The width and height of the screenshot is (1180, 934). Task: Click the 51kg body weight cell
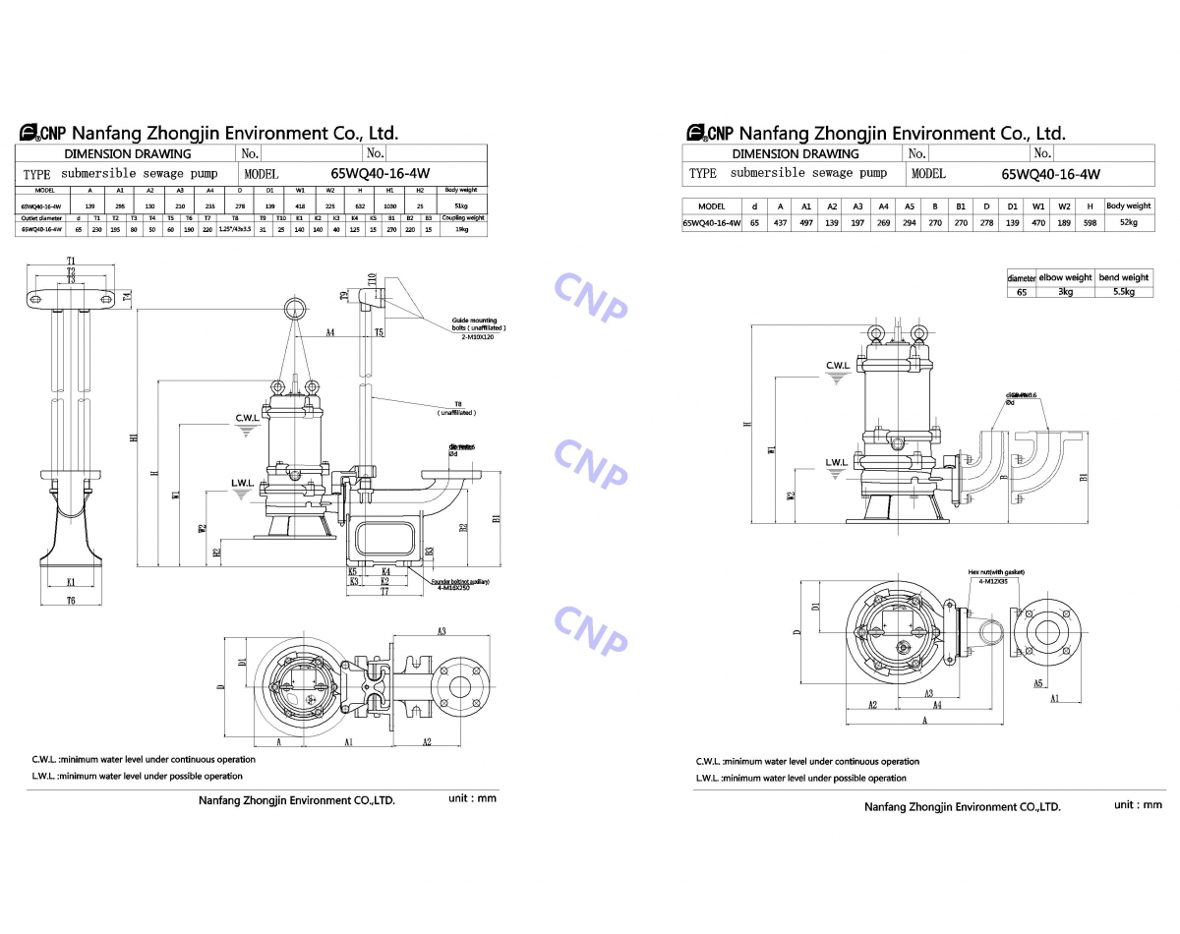click(461, 204)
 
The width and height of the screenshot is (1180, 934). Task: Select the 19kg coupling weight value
click(461, 228)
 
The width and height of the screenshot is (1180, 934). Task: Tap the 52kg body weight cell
click(1128, 223)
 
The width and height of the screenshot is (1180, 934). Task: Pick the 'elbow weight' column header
click(1065, 277)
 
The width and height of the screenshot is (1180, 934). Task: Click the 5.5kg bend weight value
click(1123, 292)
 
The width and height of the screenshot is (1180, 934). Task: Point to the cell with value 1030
click(390, 204)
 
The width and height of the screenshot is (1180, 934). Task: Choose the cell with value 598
click(1090, 223)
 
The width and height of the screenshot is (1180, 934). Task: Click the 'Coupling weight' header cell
click(461, 217)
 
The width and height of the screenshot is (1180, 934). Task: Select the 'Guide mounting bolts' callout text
click(476, 324)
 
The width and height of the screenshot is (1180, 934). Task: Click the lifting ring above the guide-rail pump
click(294, 309)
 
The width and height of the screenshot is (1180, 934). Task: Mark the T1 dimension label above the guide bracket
click(71, 261)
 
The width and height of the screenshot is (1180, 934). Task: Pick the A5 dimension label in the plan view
click(1038, 681)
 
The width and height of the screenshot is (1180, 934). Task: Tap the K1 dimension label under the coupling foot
click(71, 582)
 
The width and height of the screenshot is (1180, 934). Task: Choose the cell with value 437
click(780, 223)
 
